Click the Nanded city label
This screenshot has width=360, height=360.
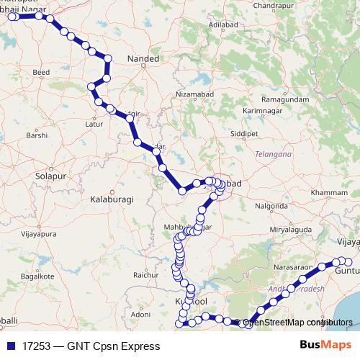coord(142,58)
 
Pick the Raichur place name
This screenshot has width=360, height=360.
coord(145,274)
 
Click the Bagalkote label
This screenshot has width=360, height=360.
coord(37,276)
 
